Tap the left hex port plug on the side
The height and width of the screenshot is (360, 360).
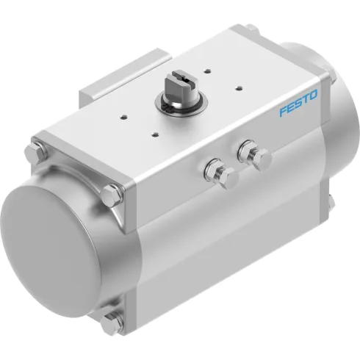point(217,174)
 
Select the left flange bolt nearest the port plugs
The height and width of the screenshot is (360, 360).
point(113,193)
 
